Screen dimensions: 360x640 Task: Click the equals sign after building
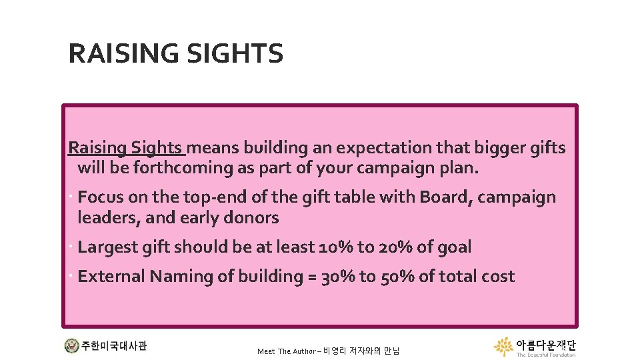pos(311,277)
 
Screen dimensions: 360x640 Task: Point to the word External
pos(111,277)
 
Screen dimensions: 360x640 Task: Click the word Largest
pos(107,247)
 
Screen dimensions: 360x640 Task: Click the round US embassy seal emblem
pos(71,346)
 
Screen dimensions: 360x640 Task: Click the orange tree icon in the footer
pos(503,346)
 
